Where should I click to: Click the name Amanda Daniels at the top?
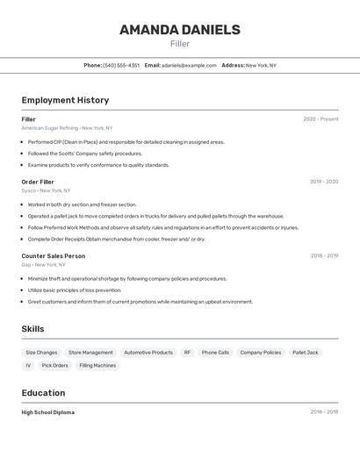[180, 30]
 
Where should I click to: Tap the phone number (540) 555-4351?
[121, 65]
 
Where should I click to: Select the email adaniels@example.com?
[189, 65]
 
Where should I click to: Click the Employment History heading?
[65, 100]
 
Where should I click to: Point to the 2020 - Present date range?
[320, 119]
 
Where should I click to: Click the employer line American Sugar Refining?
[67, 128]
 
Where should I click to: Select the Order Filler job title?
[38, 182]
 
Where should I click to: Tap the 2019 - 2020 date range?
[324, 182]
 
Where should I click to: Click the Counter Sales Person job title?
[54, 256]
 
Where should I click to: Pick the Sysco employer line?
[46, 190]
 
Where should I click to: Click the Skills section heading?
[32, 329]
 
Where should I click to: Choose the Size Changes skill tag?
[41, 353]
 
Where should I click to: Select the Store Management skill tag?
[90, 353]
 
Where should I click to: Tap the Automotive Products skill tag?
[148, 353]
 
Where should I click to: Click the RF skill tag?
[187, 353]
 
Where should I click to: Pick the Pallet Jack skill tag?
[306, 353]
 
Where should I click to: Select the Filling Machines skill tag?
[97, 366]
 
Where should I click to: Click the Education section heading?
[43, 393]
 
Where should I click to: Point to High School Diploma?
[48, 412]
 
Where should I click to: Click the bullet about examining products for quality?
[98, 165]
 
